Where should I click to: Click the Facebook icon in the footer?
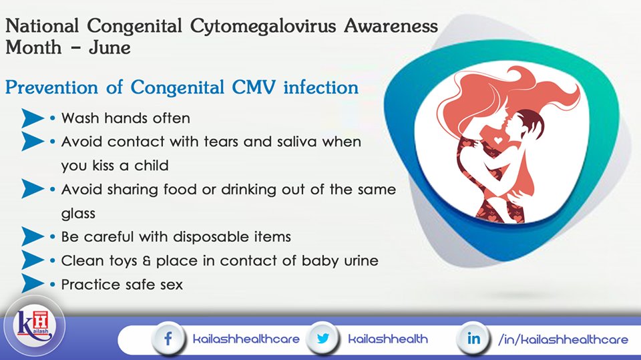[x=168, y=339]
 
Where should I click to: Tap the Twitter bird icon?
[x=323, y=339]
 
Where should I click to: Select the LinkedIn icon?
[x=473, y=339]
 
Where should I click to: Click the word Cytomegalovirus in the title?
[x=263, y=27]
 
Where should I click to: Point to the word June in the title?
[x=110, y=47]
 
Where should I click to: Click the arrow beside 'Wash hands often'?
[x=32, y=118]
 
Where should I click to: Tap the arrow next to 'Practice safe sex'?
[x=32, y=283]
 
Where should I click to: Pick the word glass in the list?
[x=78, y=214]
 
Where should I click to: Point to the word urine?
[x=361, y=261]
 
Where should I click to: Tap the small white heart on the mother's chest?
[x=498, y=140]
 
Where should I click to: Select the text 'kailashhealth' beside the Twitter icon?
[x=388, y=339]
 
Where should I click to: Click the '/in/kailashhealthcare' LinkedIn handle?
[x=563, y=339]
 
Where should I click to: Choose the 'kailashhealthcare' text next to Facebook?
[x=246, y=339]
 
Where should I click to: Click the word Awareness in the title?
[x=391, y=26]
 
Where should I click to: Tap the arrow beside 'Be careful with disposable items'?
[x=32, y=236]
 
